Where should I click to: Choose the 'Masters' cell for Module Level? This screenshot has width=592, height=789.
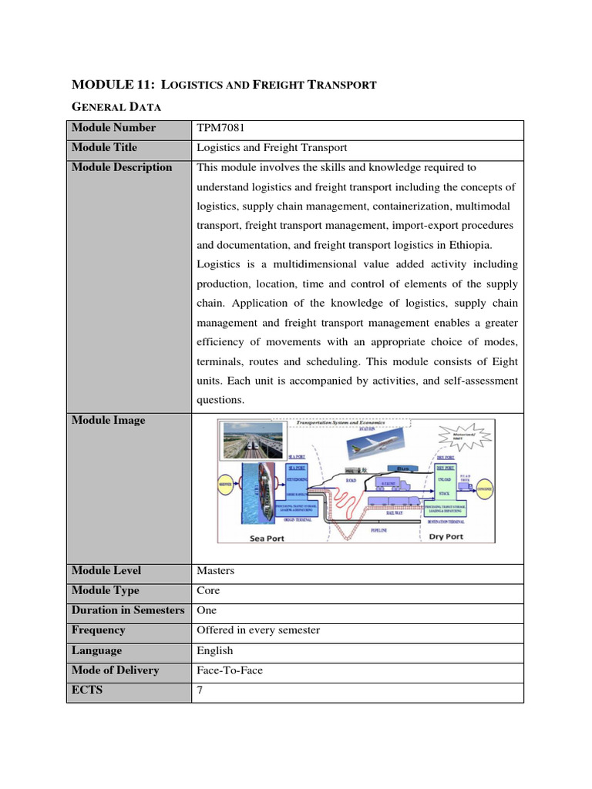216,571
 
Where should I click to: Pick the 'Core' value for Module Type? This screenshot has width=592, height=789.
208,591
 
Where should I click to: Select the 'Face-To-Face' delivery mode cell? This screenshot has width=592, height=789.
230,670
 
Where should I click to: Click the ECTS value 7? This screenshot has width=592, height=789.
200,690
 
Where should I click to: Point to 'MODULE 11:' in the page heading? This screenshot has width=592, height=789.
103,85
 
